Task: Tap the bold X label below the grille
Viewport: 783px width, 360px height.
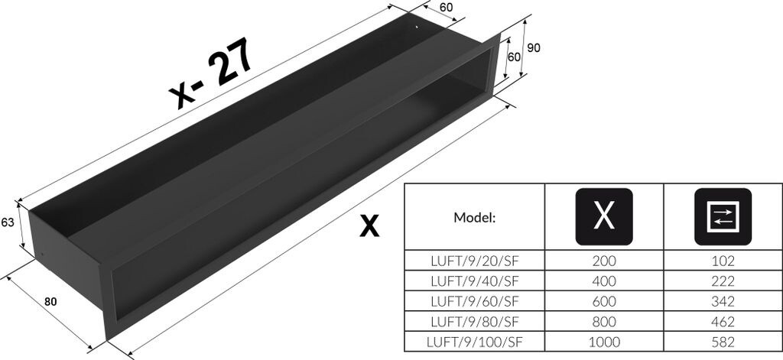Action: [369, 225]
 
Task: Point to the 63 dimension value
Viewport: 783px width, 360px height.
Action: [9, 222]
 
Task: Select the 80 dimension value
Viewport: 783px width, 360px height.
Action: [50, 301]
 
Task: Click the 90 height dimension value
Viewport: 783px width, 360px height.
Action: [534, 47]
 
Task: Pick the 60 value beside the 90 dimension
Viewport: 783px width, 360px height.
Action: [515, 57]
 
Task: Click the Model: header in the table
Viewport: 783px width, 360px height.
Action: [474, 216]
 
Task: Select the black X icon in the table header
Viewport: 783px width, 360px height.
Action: [603, 216]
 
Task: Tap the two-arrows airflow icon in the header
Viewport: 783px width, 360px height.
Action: [722, 216]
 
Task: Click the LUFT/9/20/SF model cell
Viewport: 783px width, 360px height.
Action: [474, 261]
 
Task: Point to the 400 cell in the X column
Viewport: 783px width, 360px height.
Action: [603, 281]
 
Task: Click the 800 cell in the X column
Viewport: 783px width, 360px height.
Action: [603, 321]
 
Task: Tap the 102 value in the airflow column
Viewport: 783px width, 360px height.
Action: [722, 261]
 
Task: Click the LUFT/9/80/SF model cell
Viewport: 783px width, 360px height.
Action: [474, 321]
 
